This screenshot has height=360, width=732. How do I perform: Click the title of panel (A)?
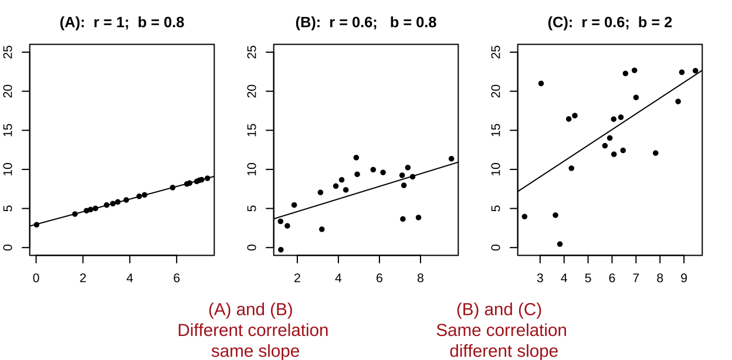(x=122, y=23)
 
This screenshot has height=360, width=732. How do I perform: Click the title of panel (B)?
(x=366, y=23)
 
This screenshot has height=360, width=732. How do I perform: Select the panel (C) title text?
(x=610, y=23)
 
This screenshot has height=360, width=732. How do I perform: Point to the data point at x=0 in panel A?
(x=36, y=225)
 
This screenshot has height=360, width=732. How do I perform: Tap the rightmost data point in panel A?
(x=207, y=178)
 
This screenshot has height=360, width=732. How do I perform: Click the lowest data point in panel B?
(x=281, y=250)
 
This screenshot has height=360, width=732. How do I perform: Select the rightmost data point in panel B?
(x=451, y=159)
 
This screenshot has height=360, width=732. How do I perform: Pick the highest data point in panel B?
(x=356, y=158)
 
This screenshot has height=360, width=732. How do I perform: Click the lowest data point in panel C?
(x=560, y=244)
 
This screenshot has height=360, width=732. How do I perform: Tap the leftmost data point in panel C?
(x=524, y=216)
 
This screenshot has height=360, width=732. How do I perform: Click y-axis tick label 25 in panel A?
(x=8, y=52)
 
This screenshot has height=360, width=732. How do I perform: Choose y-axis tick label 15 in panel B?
(x=252, y=130)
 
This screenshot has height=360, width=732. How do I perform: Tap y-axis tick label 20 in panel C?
(x=496, y=91)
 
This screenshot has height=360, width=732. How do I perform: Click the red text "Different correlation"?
(x=253, y=331)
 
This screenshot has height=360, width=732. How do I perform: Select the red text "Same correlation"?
(x=501, y=331)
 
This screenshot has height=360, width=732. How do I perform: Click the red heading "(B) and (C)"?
(x=499, y=310)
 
